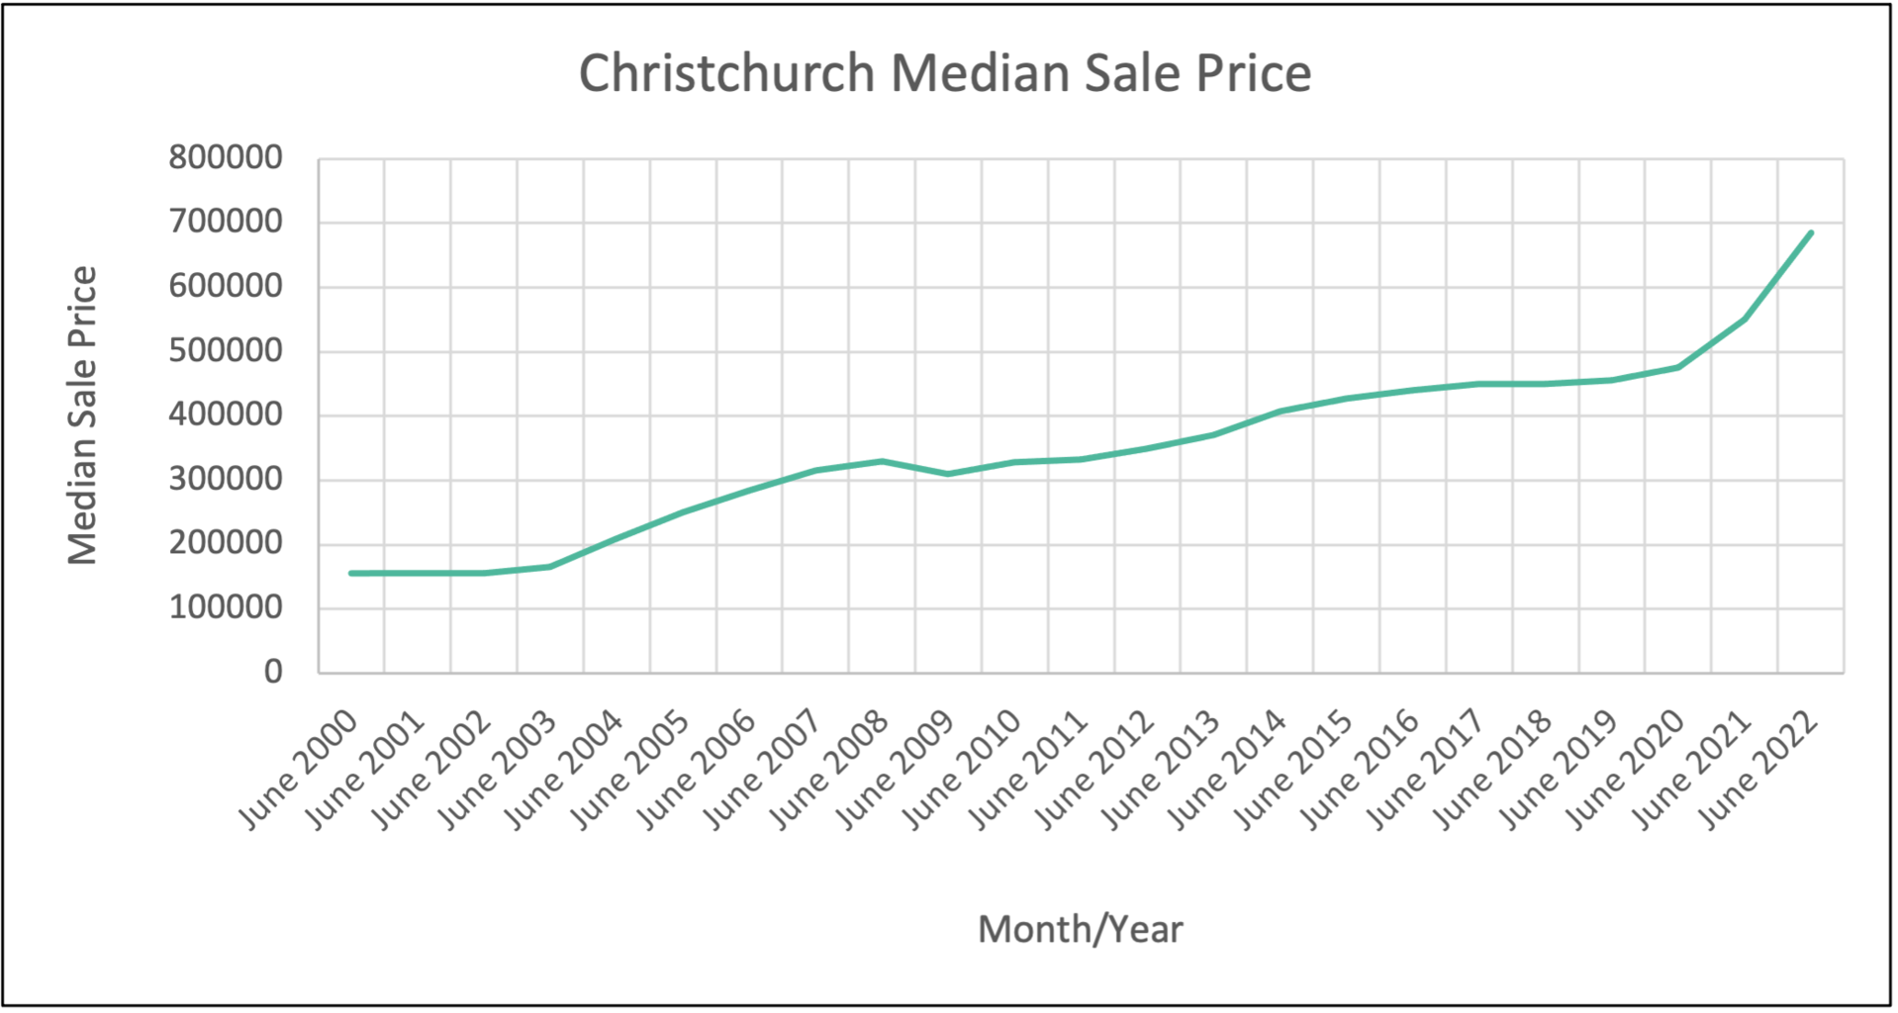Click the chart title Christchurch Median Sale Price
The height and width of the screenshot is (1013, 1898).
945,73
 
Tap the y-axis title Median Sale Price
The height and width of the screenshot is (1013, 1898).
83,415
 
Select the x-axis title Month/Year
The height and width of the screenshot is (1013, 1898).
1080,930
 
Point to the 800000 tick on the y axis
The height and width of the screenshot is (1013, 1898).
226,157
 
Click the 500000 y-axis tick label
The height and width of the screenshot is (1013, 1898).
226,350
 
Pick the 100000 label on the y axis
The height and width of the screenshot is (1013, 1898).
226,607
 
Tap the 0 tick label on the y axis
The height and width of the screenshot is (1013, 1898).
273,672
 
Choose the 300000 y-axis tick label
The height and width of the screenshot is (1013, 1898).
226,479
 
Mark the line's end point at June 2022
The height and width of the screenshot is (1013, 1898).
1811,232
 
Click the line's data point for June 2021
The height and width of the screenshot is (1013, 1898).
1745,319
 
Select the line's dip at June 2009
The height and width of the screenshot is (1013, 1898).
948,474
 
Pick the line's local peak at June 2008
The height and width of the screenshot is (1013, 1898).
882,461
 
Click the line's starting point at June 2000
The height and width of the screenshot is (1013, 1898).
351,573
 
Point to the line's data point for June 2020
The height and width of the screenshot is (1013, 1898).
1678,367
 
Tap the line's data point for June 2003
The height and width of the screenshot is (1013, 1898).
550,566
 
